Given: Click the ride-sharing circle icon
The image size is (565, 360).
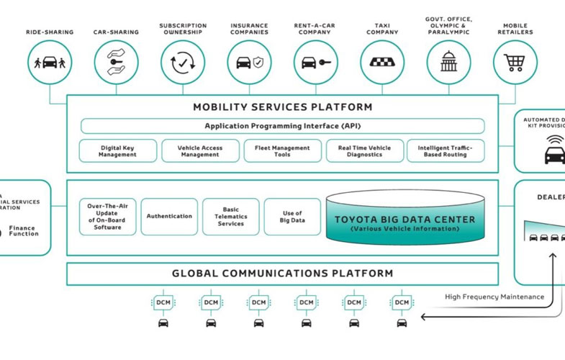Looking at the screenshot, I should [50, 62].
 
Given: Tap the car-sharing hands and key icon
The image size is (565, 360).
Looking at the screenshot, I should [116, 62].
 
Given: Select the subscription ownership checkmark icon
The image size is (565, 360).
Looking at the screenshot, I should [183, 62].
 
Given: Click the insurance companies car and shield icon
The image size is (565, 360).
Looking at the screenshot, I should [249, 62].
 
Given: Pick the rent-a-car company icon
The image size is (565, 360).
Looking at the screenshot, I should [316, 62].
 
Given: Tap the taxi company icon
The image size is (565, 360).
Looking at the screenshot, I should [382, 62].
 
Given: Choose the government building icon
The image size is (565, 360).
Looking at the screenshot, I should [448, 62].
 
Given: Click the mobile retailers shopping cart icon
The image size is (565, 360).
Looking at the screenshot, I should [515, 62].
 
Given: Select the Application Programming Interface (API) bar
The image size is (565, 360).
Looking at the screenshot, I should [282, 126].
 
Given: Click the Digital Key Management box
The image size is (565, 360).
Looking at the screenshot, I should [117, 151].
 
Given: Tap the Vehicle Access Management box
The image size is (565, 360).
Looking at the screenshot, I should [200, 151].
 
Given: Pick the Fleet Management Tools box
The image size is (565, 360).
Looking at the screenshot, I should [282, 151].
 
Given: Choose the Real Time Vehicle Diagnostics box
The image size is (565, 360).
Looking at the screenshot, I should [364, 151].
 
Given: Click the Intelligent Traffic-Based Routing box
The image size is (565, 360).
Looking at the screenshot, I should [446, 151].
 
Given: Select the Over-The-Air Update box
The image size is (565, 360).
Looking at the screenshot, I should [107, 217].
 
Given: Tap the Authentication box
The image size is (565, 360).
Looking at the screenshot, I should [169, 217].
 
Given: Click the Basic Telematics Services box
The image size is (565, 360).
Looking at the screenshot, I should [230, 217].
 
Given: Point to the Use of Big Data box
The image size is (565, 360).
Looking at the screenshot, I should [292, 217].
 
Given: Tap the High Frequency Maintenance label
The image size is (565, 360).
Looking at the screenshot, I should [494, 297].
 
